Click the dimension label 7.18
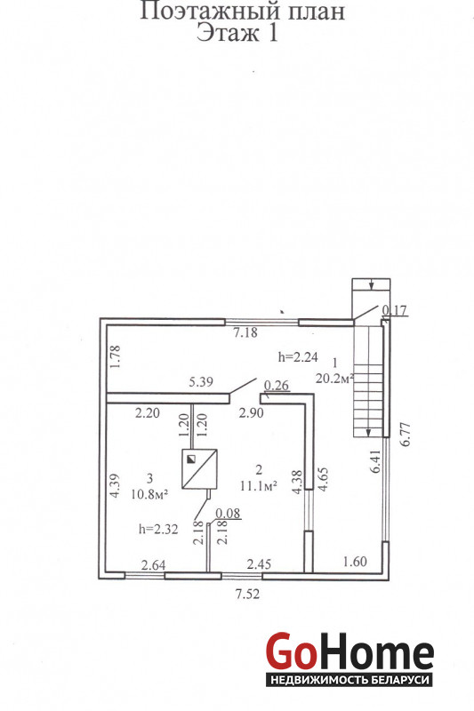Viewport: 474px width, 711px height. pyautogui.click(x=245, y=332)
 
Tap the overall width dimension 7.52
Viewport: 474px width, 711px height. pyautogui.click(x=247, y=594)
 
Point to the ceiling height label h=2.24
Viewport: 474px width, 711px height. pyautogui.click(x=298, y=357)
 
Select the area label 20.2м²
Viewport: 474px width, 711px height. pyautogui.click(x=334, y=378)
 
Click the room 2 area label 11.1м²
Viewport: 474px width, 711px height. pyautogui.click(x=259, y=485)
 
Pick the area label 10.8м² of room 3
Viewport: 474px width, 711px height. pyautogui.click(x=149, y=494)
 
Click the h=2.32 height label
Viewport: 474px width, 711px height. pyautogui.click(x=158, y=529)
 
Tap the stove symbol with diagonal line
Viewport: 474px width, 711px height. pyautogui.click(x=199, y=469)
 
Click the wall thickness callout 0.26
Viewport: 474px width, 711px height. pyautogui.click(x=277, y=386)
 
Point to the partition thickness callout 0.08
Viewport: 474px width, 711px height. pyautogui.click(x=228, y=514)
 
